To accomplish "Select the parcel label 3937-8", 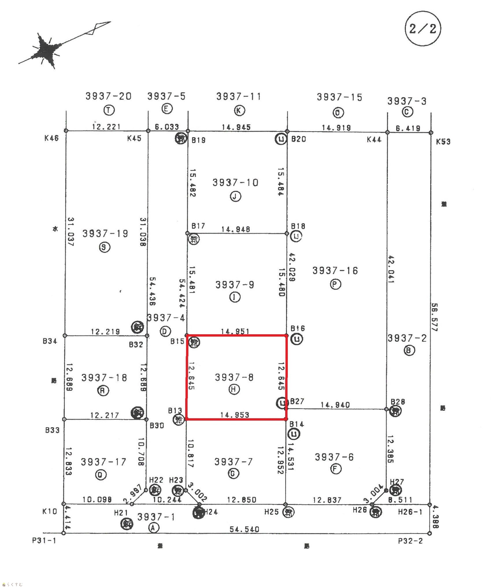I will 234,377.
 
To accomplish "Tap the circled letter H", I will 234,389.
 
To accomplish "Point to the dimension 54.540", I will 244,529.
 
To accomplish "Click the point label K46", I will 51,138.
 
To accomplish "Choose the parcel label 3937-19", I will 105,233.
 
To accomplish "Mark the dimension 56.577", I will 434,317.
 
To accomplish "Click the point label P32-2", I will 410,541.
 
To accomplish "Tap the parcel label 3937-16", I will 335,271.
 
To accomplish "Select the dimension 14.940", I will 335,405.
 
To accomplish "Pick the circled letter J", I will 235,197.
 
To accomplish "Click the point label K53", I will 443,141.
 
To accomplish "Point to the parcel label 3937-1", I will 156,517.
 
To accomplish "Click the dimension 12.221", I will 106,127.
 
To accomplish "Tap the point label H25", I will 272,512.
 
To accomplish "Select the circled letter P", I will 335,284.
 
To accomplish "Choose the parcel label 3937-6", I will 334,457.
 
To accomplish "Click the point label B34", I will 50,341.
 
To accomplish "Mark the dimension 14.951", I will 235,331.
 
